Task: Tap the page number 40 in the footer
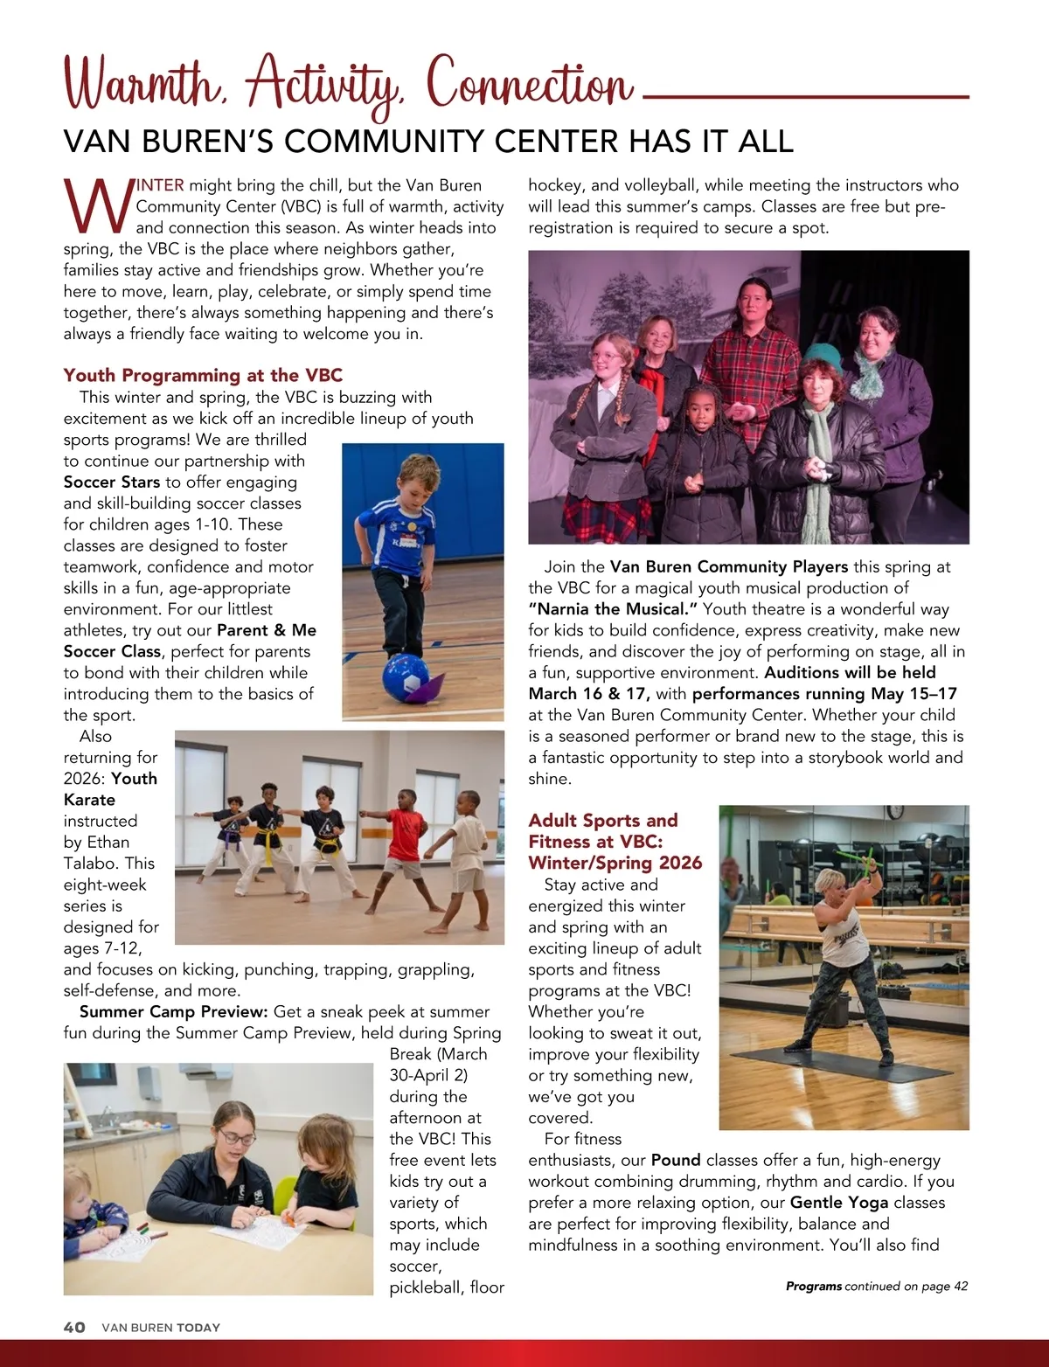pos(74,1327)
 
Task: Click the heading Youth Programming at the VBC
pos(203,375)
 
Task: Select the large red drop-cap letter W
pos(97,206)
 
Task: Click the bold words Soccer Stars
pos(112,482)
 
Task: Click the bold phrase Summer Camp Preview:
pos(173,1011)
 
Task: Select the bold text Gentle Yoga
pos(839,1202)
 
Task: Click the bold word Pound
pos(676,1160)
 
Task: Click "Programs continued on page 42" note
pos(876,1286)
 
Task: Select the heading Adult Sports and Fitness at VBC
pos(615,841)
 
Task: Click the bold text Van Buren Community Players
pos(729,566)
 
